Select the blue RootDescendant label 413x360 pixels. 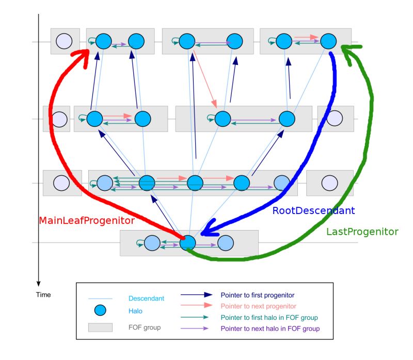(314, 210)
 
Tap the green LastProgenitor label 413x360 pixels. (362, 232)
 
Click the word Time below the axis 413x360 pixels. (43, 294)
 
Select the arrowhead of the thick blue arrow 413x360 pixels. (209, 232)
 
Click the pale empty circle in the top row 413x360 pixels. (64, 41)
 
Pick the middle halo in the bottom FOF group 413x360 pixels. (188, 243)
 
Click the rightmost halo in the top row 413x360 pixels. (328, 41)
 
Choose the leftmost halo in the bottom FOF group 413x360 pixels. (152, 243)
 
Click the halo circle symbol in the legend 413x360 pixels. (101, 310)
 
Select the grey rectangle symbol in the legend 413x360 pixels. (101, 327)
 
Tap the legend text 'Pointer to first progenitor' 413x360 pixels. (258, 296)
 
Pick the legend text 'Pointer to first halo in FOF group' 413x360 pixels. (269, 318)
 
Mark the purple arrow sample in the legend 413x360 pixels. (197, 329)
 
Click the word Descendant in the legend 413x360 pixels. (146, 298)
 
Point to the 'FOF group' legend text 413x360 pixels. (145, 327)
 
